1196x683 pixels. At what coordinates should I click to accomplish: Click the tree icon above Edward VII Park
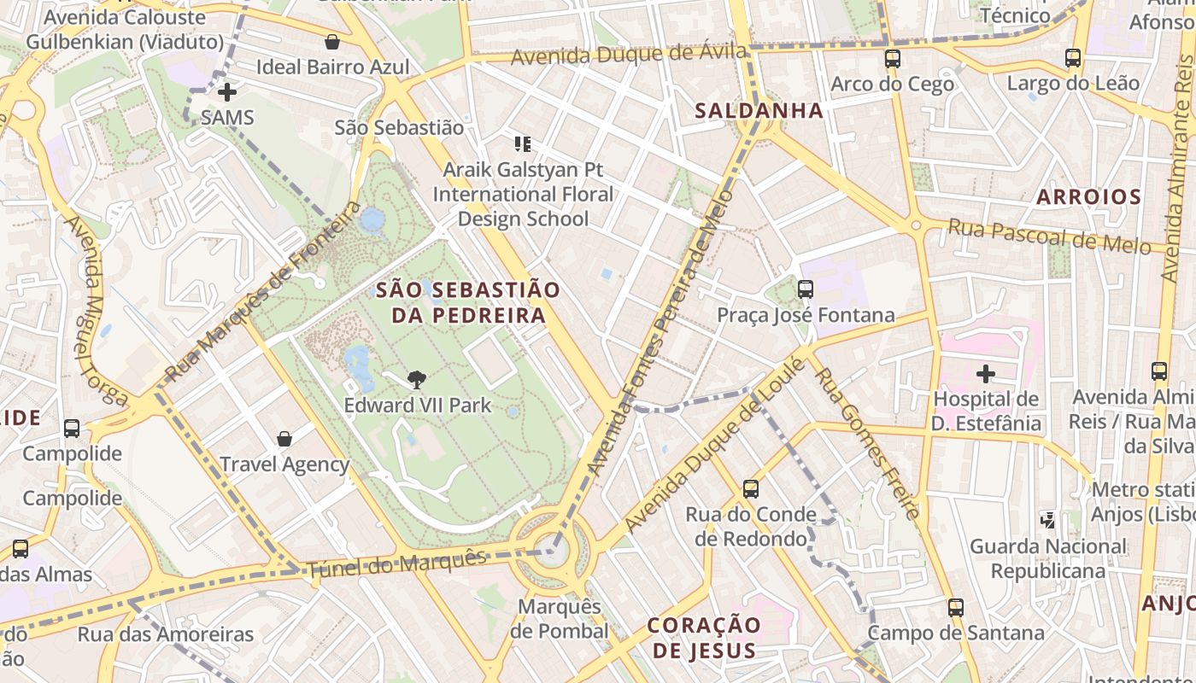pos(417,379)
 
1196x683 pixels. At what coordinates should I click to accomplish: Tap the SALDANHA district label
pos(759,110)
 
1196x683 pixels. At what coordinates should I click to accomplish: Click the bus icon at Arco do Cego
pos(892,59)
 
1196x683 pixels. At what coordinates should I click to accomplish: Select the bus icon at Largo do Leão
pos(1073,58)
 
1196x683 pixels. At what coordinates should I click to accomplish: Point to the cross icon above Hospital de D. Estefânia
pos(986,374)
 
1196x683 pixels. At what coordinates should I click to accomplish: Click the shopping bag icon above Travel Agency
pos(284,439)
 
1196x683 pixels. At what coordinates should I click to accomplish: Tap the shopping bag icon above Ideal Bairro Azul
pos(332,42)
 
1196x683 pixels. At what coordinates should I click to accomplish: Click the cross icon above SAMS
pos(227,91)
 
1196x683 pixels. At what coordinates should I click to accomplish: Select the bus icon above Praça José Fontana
pos(806,289)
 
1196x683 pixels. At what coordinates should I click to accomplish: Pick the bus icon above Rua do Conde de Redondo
pos(751,489)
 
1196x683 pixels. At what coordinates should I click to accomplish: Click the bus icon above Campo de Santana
pos(956,608)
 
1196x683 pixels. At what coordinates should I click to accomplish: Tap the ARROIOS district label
pos(1088,197)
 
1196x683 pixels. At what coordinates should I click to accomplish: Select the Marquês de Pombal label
pos(560,619)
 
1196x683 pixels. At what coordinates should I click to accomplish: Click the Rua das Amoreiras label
pos(166,634)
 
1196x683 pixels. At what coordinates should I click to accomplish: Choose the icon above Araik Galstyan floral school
pos(523,144)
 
